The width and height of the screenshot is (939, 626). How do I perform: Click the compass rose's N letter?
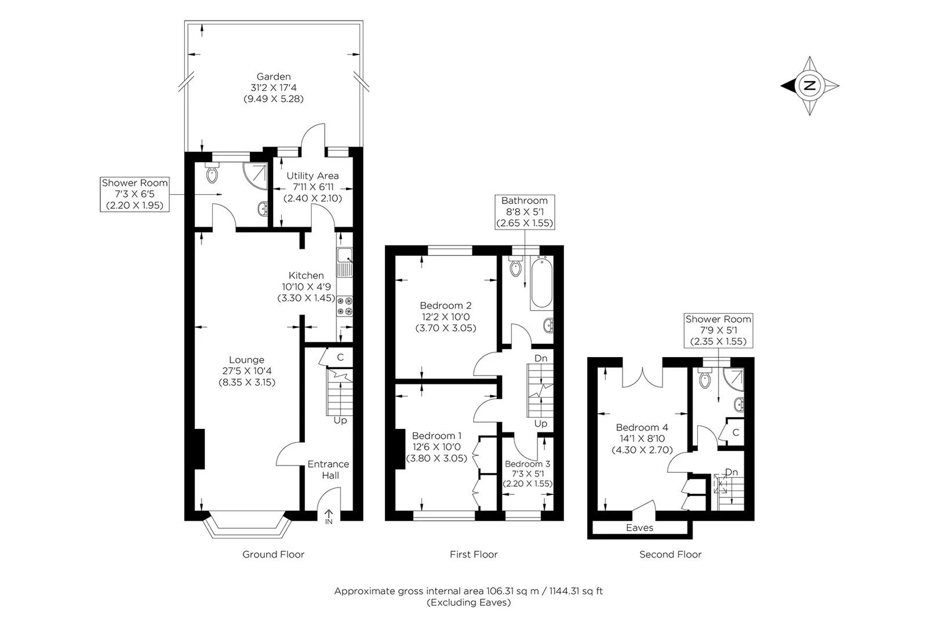pyautogui.click(x=810, y=86)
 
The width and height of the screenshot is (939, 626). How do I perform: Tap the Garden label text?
pyautogui.click(x=274, y=77)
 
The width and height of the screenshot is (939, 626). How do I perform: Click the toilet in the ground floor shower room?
pyautogui.click(x=212, y=172)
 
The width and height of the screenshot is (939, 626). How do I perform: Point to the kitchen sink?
pyautogui.click(x=345, y=254)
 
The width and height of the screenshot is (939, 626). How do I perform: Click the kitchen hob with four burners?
pyautogui.click(x=345, y=306)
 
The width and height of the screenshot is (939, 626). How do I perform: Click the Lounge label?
pyautogui.click(x=246, y=360)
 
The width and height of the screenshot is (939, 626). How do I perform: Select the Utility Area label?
pyautogui.click(x=312, y=176)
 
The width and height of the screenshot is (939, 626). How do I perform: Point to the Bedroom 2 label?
pyautogui.click(x=445, y=305)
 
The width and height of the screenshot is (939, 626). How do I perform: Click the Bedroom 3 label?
pyautogui.click(x=527, y=464)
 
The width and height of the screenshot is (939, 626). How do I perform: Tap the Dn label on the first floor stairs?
pyautogui.click(x=540, y=358)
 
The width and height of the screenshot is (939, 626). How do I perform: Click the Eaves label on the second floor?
pyautogui.click(x=639, y=528)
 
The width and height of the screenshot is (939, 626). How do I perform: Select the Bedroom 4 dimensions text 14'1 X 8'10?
pyautogui.click(x=641, y=439)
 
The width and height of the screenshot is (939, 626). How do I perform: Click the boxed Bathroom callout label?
pyautogui.click(x=525, y=212)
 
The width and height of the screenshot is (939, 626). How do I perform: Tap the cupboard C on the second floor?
pyautogui.click(x=736, y=432)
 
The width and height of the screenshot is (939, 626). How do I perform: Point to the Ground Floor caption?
pyautogui.click(x=273, y=555)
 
